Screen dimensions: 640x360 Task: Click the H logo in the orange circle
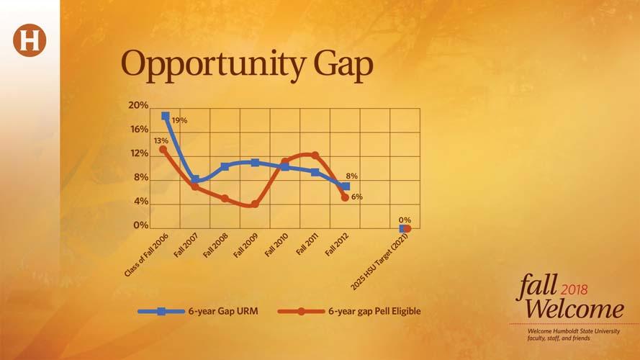pos(30,40)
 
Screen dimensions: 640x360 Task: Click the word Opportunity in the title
pos(212,65)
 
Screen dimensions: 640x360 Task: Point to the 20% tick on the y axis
pos(138,105)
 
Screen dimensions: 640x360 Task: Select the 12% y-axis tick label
pos(139,153)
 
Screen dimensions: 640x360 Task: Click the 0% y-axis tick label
pos(141,225)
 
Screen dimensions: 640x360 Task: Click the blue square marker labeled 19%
pos(166,117)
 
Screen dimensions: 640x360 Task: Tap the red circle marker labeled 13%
pos(163,150)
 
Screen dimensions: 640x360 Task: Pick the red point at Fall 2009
pos(255,204)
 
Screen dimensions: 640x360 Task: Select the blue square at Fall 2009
pos(255,163)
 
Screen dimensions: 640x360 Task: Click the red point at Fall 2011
pos(315,155)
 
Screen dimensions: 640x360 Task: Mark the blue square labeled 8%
pos(346,186)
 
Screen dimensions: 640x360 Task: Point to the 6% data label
pos(357,197)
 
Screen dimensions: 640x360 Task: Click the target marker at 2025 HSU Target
pos(405,229)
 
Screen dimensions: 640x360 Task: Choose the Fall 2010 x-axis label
pos(276,245)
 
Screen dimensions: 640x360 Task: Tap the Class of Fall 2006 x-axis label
pos(146,255)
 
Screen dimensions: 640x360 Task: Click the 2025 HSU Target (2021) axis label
pos(379,261)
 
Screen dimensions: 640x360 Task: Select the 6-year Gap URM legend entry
pos(198,312)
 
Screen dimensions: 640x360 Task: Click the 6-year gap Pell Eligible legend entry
pos(349,312)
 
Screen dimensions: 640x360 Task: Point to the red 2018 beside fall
pos(574,289)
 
